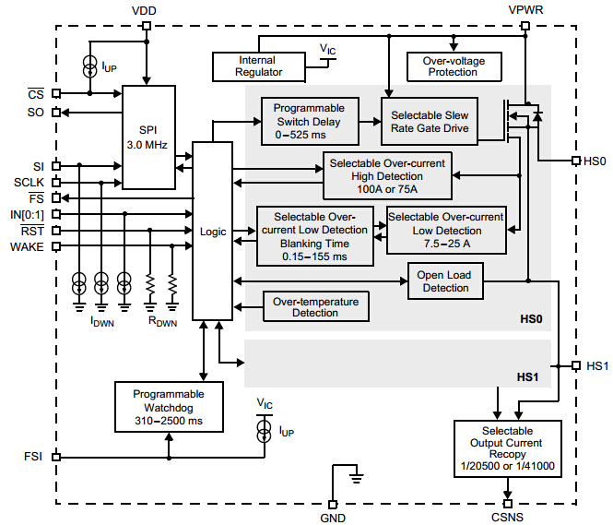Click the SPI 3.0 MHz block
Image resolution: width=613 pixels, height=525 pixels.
pyautogui.click(x=148, y=137)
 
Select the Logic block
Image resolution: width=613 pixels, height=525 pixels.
pyautogui.click(x=212, y=231)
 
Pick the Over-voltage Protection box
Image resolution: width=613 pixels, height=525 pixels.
pyautogui.click(x=453, y=66)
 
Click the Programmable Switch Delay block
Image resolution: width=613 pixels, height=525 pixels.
pyautogui.click(x=309, y=122)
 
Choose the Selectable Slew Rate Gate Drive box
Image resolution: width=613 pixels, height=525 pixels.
pyautogui.click(x=430, y=122)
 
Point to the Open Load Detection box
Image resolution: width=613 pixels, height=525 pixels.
pyautogui.click(x=445, y=281)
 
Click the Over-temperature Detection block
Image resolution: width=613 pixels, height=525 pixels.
pyautogui.click(x=315, y=307)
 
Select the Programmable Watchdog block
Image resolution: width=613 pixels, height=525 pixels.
pyautogui.click(x=168, y=407)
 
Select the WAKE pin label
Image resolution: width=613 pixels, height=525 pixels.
pyautogui.click(x=27, y=246)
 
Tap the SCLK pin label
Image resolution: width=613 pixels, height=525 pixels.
pyautogui.click(x=29, y=182)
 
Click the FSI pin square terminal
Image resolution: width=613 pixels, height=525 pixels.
pyautogui.click(x=56, y=456)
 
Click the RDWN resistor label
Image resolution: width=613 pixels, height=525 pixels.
pyautogui.click(x=160, y=323)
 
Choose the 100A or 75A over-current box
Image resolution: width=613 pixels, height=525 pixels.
pyautogui.click(x=387, y=176)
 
